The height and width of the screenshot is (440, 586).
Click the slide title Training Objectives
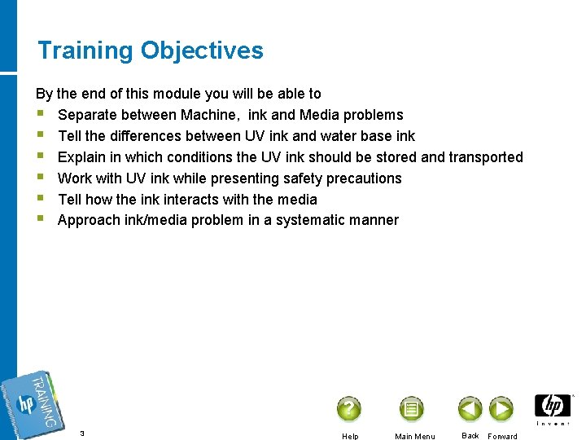pyautogui.click(x=151, y=51)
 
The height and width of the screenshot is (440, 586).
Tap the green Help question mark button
pyautogui.click(x=348, y=408)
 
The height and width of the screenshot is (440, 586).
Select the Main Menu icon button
pyautogui.click(x=412, y=408)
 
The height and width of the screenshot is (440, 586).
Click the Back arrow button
pyautogui.click(x=470, y=408)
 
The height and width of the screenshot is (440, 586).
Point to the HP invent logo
pyautogui.click(x=553, y=409)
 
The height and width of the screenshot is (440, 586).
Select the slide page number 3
pyautogui.click(x=82, y=433)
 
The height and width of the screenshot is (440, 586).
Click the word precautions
pyautogui.click(x=364, y=178)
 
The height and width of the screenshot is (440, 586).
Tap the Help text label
pyautogui.click(x=350, y=436)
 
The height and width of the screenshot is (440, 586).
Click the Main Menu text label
pyautogui.click(x=414, y=436)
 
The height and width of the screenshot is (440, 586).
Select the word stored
pyautogui.click(x=396, y=157)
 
